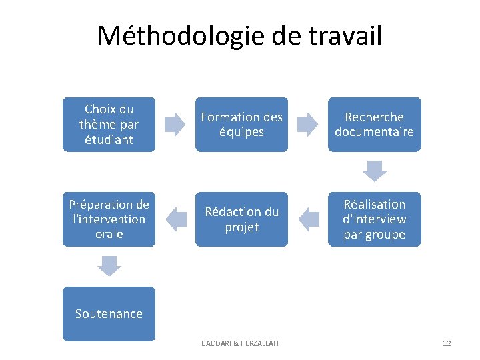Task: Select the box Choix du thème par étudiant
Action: [109, 125]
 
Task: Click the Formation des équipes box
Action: [241, 125]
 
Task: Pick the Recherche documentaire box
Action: [374, 125]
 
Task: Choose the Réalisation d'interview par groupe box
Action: [374, 219]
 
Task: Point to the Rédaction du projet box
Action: [241, 219]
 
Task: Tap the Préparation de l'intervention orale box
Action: [109, 219]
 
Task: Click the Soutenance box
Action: [109, 314]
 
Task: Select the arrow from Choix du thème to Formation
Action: [175, 125]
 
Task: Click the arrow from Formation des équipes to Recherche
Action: [307, 125]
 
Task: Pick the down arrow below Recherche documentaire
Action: [374, 171]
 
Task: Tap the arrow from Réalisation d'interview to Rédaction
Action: [307, 219]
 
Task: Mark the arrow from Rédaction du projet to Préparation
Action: [175, 219]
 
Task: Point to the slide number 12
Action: [447, 343]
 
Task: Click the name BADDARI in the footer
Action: [217, 343]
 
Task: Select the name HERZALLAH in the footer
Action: [259, 343]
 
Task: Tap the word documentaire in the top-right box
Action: [374, 132]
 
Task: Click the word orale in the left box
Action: [109, 234]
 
